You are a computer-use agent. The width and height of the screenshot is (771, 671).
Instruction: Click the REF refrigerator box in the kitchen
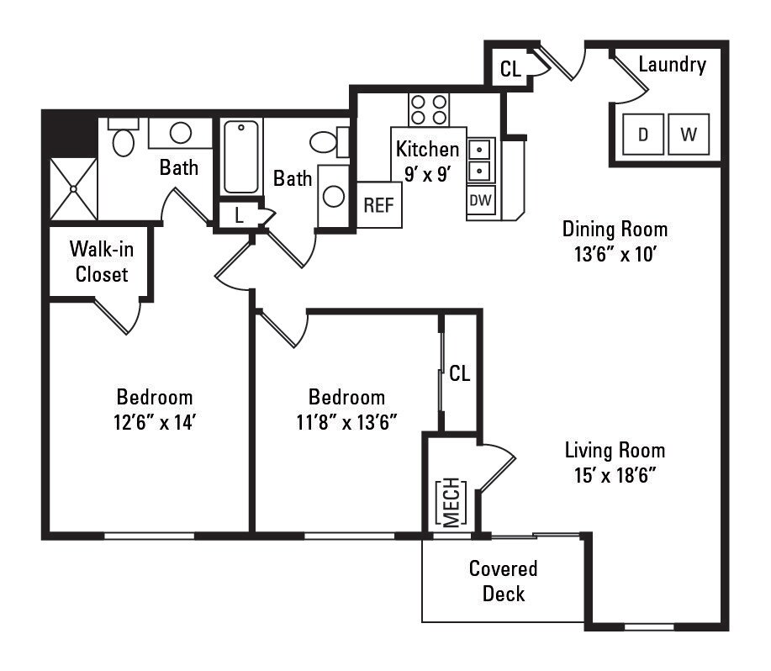379,205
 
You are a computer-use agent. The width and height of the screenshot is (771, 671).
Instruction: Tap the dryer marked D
643,135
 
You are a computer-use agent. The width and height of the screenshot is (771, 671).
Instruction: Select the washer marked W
689,135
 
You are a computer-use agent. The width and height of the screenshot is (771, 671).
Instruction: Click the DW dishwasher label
480,200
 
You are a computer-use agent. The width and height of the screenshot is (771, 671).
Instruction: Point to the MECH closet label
452,502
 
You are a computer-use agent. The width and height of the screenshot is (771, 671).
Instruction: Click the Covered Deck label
503,581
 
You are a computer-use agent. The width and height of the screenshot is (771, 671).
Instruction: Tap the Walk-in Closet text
101,262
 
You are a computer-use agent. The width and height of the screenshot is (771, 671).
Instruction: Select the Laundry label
672,64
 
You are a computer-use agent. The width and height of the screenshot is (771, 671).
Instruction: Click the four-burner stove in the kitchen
429,109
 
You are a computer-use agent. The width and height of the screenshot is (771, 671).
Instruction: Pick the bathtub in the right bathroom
241,157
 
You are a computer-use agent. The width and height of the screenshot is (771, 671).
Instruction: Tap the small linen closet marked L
240,215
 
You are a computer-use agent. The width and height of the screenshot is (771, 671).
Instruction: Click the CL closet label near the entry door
510,70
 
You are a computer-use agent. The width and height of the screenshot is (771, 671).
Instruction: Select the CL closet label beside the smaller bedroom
460,373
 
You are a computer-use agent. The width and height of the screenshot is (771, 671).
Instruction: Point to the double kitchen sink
480,161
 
